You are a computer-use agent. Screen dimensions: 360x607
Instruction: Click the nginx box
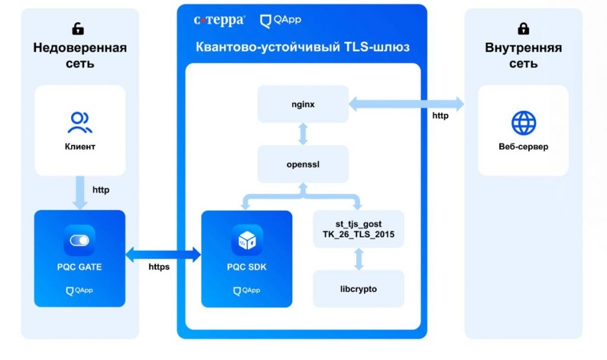[303, 104]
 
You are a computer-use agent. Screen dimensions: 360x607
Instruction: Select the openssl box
[303, 164]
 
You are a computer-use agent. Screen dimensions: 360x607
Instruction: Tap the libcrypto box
[358, 288]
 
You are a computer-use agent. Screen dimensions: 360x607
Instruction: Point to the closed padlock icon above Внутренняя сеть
[523, 28]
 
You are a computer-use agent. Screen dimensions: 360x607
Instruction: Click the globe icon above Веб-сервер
[523, 123]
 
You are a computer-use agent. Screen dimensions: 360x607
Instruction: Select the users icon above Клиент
[80, 123]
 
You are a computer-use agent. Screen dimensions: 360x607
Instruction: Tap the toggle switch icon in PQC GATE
[79, 240]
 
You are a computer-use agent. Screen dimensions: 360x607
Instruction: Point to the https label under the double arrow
[159, 267]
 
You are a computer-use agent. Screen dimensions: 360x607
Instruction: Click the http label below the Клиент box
[101, 190]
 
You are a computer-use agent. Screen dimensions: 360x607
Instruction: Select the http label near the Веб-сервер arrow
[440, 116]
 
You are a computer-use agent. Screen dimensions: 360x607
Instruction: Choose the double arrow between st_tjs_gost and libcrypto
[358, 259]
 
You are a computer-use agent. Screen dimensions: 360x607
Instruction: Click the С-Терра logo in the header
[219, 20]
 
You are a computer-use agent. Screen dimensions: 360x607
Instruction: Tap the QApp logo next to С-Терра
[281, 20]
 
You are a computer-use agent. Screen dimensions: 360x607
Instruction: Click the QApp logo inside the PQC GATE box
[79, 291]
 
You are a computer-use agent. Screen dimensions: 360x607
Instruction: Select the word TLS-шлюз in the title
[376, 47]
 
